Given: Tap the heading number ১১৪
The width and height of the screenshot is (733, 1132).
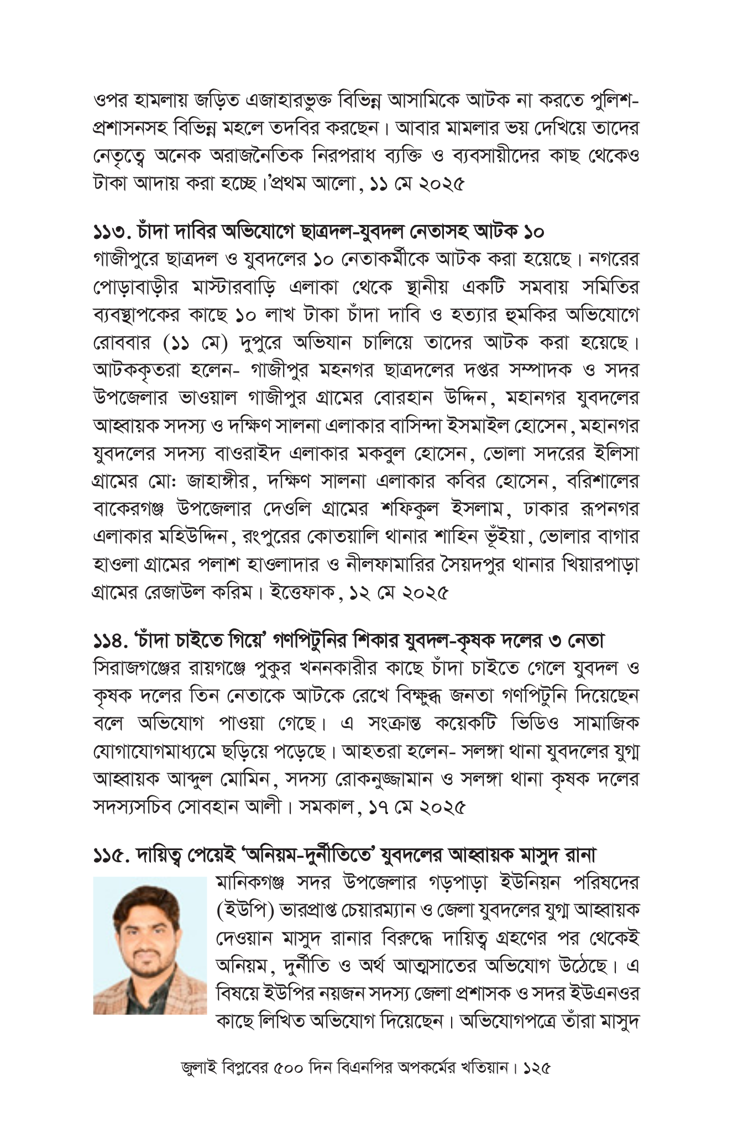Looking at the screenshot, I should [113, 642].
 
